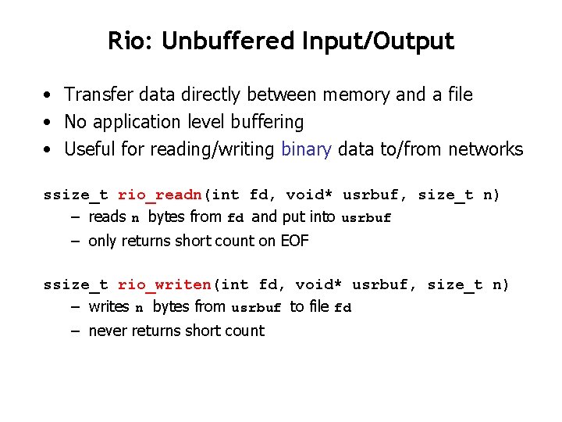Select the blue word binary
[x=306, y=149]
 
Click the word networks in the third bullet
[x=486, y=149]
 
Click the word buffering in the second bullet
[x=265, y=122]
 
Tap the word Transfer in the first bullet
[x=98, y=95]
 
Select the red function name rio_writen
[x=165, y=285]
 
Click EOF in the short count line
[x=294, y=241]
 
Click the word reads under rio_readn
[x=107, y=216]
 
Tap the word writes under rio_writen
[x=108, y=306]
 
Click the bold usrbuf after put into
[x=366, y=218]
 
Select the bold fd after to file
[x=343, y=308]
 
